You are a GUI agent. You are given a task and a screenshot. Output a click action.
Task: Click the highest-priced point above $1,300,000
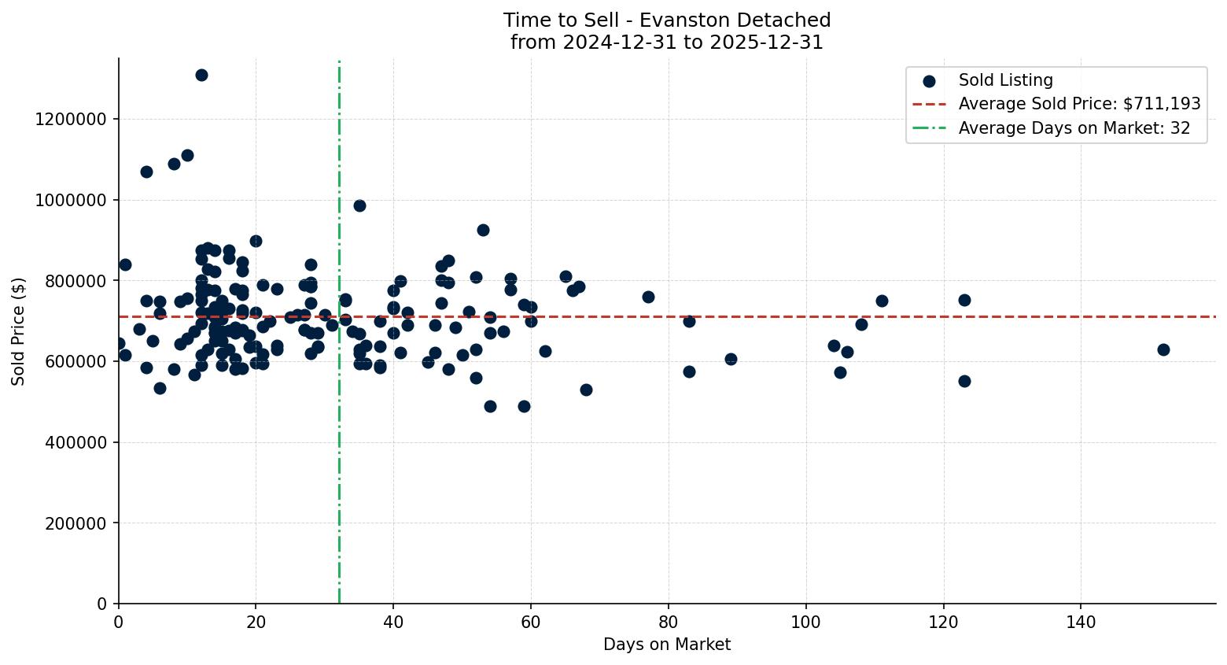[x=201, y=75]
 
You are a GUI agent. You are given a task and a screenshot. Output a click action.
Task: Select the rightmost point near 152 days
[x=1163, y=349]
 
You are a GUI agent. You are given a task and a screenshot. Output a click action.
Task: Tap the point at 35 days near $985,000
[x=359, y=205]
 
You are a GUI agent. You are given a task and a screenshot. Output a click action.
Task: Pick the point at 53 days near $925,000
[x=483, y=230]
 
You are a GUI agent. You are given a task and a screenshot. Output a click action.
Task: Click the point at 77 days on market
[x=648, y=297]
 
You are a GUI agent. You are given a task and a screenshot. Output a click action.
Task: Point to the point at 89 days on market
[x=731, y=359]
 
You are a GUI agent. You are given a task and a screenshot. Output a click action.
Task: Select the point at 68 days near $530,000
[x=586, y=390]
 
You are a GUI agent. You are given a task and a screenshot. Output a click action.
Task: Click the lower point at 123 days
[x=964, y=381]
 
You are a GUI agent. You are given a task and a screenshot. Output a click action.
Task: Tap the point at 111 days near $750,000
[x=882, y=301]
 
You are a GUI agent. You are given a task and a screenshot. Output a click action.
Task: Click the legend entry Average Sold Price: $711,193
[x=1079, y=104]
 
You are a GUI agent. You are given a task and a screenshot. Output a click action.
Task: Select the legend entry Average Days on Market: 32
[x=1074, y=128]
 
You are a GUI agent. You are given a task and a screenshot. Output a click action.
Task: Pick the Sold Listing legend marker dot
[x=929, y=80]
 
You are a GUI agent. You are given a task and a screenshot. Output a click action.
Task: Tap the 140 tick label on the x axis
[x=1081, y=622]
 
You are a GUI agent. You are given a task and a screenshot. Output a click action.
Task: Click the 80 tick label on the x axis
[x=669, y=622]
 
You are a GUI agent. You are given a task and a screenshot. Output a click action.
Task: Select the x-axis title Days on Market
[x=667, y=645]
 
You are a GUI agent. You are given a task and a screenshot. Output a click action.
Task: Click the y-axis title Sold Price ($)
[x=18, y=331]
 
